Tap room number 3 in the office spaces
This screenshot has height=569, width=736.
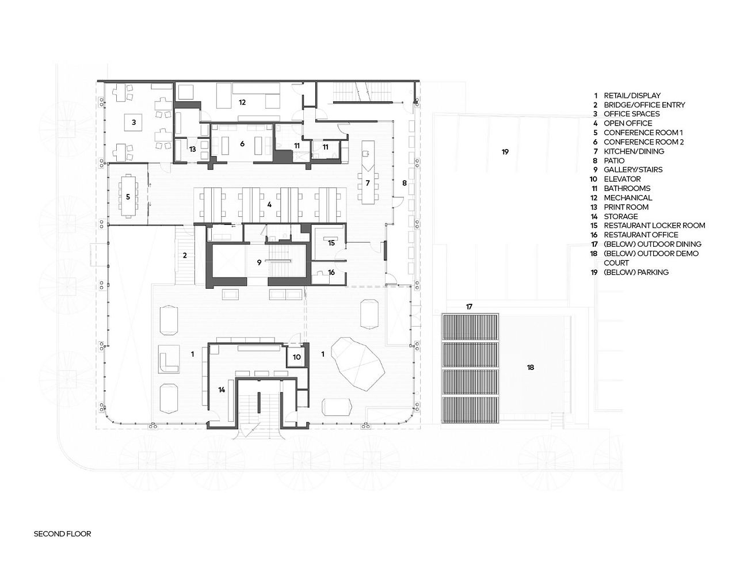point(134,122)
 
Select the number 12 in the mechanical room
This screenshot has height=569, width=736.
point(242,102)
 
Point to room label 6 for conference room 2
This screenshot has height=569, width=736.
point(242,144)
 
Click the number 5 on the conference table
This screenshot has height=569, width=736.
point(128,197)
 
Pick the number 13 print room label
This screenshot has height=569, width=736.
point(192,149)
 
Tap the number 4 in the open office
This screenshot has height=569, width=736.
point(269,204)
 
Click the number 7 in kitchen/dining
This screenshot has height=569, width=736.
point(368,183)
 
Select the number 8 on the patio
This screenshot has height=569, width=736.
point(404,183)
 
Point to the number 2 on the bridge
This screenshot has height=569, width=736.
point(185,255)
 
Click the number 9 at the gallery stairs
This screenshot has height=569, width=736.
point(259,262)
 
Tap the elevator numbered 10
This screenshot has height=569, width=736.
point(297,357)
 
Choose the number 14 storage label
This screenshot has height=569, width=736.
point(222,390)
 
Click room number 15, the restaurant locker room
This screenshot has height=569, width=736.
point(331,243)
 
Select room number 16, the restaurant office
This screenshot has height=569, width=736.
point(331,272)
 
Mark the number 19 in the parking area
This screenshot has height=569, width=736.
point(505,152)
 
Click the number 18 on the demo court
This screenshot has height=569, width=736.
point(531,367)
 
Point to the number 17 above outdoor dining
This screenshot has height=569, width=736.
point(469,307)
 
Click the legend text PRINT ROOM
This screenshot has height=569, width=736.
point(626,207)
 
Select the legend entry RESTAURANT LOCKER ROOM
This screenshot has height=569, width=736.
point(654,226)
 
